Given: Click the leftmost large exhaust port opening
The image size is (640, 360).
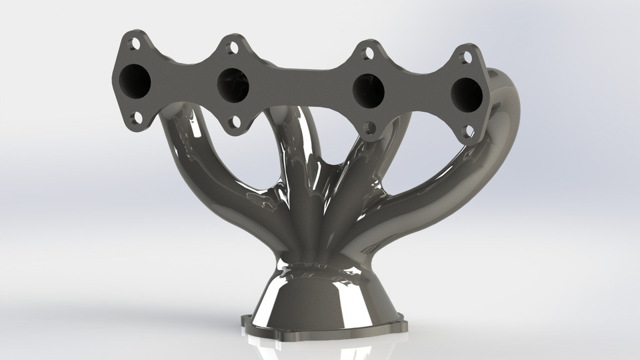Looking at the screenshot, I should click(135, 81).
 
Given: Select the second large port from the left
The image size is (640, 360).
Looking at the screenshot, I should click(233, 85).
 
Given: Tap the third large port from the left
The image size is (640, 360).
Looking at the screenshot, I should click(368, 91).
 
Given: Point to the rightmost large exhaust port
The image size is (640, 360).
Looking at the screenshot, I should click(467, 95).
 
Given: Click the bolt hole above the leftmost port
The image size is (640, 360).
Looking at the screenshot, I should click(135, 45).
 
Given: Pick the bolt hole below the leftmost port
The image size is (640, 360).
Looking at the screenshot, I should click(135, 118).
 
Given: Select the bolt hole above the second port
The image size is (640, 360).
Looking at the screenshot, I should click(233, 48).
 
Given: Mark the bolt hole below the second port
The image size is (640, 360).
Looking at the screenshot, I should click(234, 122).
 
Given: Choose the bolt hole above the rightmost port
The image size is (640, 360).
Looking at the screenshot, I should click(467, 58).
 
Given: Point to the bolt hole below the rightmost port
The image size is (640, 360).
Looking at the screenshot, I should click(468, 131).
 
